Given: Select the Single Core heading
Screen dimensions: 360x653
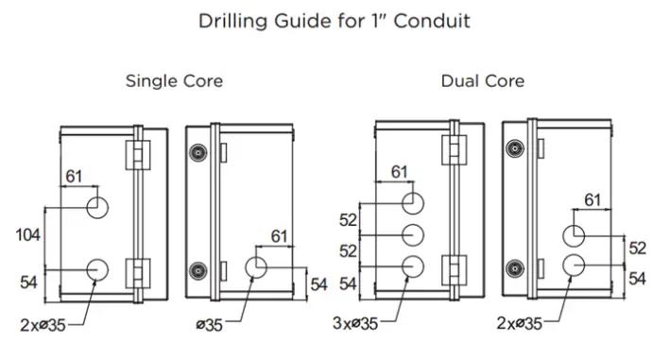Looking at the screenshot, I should coord(174,81).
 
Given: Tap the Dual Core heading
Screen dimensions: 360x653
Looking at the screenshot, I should coord(482,81).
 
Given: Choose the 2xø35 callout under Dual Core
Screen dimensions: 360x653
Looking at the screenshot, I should coord(519,324).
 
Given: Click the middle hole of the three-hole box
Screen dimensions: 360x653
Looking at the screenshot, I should coord(413,235).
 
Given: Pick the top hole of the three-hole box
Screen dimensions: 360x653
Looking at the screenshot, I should coord(413,203).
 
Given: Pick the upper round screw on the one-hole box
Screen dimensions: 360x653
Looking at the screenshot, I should coord(198,153).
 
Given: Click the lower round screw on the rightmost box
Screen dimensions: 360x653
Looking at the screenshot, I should coord(515,267).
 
